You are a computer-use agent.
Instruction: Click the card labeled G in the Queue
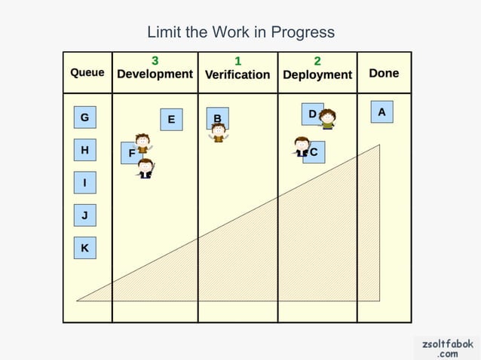tap(84, 117)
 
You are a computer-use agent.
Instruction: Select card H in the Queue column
tap(84, 151)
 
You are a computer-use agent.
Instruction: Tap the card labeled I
tap(84, 183)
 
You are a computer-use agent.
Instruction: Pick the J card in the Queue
tap(84, 216)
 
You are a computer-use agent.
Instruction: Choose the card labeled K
tap(84, 248)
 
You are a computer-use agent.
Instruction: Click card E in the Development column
tap(171, 120)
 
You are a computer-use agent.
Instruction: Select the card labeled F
tap(131, 153)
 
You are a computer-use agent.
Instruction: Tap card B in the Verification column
tap(217, 118)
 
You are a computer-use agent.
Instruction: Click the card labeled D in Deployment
tap(312, 114)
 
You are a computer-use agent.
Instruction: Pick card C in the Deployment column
tap(314, 152)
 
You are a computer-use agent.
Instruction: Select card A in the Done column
tap(381, 112)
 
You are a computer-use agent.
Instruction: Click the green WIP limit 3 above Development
tap(155, 60)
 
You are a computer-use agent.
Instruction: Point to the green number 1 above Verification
tap(238, 60)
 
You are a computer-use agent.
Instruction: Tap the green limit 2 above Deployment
tap(317, 60)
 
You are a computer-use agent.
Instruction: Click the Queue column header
tap(87, 73)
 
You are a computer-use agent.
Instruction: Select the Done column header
tap(384, 73)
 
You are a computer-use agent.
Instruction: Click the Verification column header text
tap(237, 75)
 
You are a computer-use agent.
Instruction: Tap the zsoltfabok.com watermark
tap(448, 348)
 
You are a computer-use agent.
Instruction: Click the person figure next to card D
tap(327, 119)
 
